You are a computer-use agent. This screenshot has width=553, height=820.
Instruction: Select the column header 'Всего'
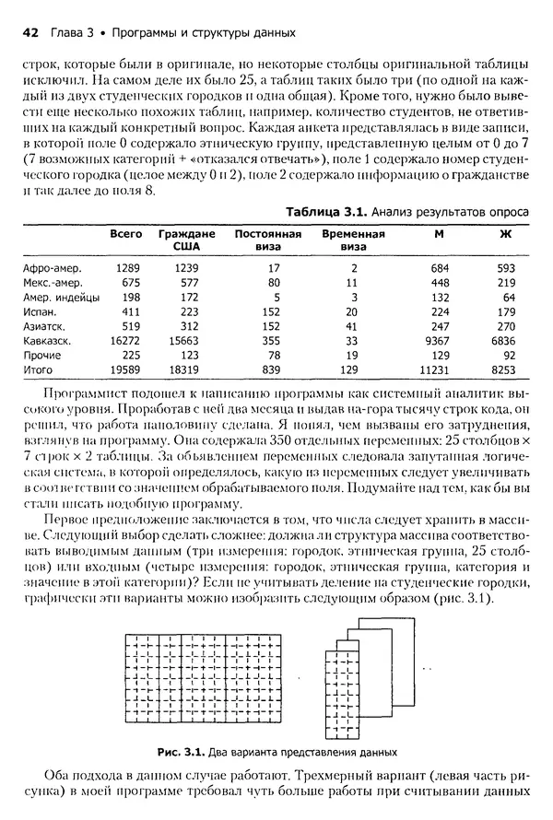click(125, 234)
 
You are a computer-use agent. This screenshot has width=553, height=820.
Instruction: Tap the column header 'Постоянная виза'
click(268, 240)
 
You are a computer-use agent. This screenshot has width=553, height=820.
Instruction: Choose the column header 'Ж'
click(504, 234)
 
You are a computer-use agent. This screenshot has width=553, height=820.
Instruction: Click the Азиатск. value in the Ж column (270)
click(505, 326)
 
